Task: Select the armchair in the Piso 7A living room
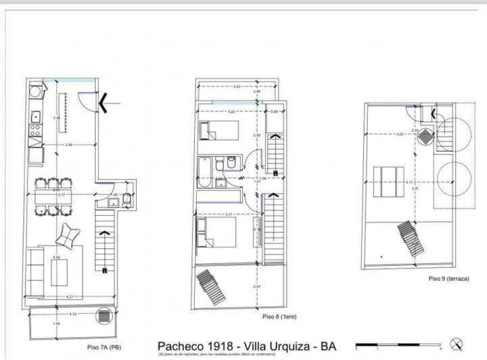click(x=68, y=235)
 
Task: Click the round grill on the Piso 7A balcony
click(x=103, y=315)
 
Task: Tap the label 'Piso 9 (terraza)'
click(x=448, y=278)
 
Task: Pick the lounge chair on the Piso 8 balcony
click(x=211, y=287)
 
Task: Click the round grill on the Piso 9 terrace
click(x=425, y=136)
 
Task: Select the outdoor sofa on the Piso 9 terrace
click(x=389, y=181)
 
